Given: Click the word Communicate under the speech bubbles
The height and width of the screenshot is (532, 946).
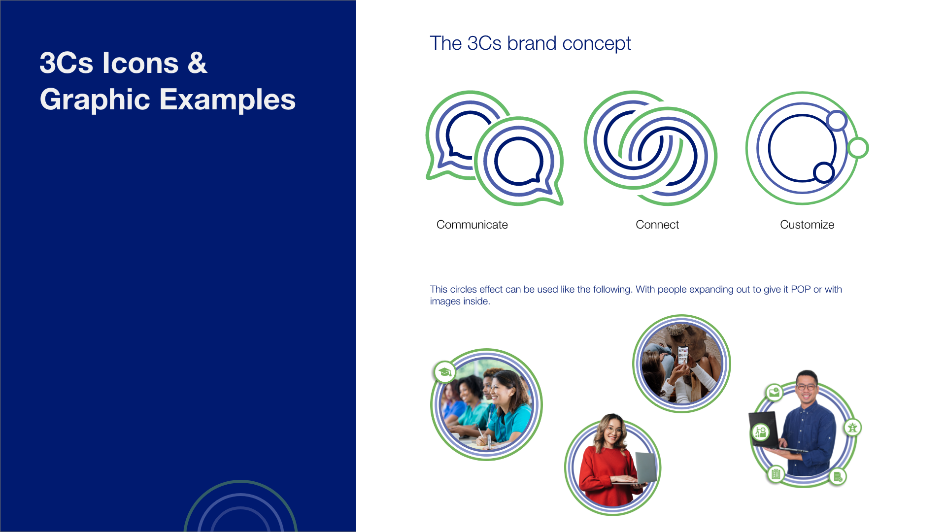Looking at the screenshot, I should pos(472,225).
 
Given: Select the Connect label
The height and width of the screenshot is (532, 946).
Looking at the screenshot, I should pos(657,225).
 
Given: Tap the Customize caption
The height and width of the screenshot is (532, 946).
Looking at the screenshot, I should pos(807,225).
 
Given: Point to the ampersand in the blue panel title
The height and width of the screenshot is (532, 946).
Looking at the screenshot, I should pos(197,63).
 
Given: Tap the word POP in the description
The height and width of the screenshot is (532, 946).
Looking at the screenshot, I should pos(800,289).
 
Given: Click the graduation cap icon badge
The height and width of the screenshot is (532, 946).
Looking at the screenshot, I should pos(445,372).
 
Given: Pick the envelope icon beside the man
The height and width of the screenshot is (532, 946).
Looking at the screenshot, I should pos(774,392).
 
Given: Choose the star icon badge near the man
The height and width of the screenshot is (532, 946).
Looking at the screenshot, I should pos(852,427).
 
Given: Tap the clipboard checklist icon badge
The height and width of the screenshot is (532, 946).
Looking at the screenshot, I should pos(776,474).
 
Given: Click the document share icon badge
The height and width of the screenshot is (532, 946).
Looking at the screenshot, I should pos(837,476).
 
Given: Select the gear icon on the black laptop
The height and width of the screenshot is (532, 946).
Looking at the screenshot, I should pos(761,432).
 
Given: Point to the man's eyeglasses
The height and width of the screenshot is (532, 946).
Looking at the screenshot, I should pos(806,387).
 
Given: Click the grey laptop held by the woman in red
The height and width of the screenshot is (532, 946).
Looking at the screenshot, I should pos(645,468).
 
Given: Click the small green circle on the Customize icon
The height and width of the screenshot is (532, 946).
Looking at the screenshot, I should pos(858,148).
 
